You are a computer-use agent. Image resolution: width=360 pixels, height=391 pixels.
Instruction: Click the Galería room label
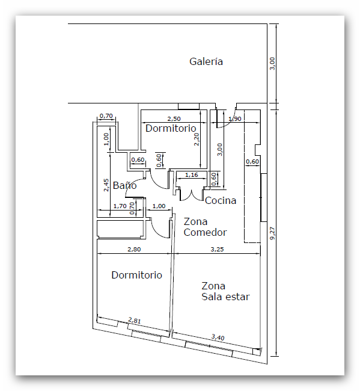[206, 61]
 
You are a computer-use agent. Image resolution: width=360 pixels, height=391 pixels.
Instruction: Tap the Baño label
[124, 185]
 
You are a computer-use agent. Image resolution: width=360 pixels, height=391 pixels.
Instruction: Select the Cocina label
[221, 200]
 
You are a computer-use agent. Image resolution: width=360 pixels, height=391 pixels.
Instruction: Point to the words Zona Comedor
[205, 227]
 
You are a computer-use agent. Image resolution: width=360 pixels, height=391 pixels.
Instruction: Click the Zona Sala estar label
[225, 291]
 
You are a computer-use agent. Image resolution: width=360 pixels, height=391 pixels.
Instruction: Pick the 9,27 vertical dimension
[272, 233]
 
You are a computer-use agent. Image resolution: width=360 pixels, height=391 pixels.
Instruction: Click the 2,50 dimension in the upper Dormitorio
[174, 119]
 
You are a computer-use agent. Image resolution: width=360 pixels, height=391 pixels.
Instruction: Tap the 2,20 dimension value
[197, 139]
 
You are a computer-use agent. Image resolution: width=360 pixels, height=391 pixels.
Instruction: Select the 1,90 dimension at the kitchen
[234, 119]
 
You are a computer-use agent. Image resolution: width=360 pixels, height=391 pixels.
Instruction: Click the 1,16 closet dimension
[191, 175]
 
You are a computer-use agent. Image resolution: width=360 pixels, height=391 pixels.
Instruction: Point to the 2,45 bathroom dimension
[106, 185]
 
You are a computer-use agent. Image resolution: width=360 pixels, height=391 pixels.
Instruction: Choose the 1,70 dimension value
[120, 206]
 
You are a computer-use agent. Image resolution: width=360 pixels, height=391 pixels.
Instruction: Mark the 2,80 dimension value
[134, 249]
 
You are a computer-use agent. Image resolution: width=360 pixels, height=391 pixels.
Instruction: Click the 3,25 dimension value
[217, 249]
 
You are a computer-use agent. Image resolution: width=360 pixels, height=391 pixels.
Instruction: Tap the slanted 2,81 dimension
[135, 320]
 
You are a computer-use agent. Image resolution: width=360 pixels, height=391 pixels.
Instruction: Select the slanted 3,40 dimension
[218, 337]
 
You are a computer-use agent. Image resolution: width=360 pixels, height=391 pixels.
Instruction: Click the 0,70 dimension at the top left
[106, 116]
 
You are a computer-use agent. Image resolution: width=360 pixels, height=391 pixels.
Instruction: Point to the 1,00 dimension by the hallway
[159, 206]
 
